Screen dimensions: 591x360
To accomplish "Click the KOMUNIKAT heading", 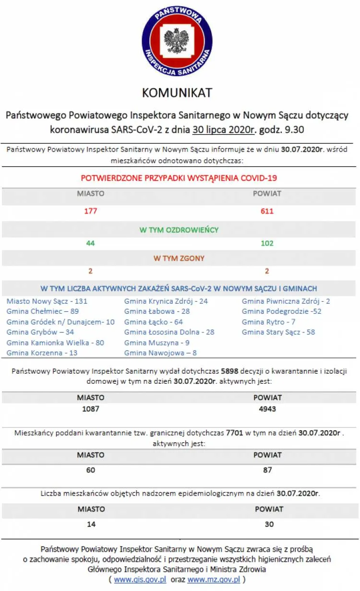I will coord(177,92).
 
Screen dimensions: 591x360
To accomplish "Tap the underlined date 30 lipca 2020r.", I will coord(225,130).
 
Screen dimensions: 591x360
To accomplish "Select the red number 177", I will coord(91,211).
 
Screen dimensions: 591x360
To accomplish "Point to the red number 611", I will coord(267,211).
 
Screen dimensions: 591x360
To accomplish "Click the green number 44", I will coord(91,243).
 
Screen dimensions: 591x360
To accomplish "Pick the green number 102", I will coord(267,243).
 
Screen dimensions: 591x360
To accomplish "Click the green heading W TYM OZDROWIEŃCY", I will coord(179,230).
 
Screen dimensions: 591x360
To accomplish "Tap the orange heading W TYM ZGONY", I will coord(179,258).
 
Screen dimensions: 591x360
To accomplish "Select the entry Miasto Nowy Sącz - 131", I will coord(47,301).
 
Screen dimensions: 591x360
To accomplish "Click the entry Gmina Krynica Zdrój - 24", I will coord(166,301).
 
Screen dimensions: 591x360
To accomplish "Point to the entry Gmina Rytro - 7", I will coord(268,322).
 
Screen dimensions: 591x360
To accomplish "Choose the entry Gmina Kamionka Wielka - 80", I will coord(55,343).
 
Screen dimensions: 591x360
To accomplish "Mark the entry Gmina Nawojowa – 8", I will coord(160,353).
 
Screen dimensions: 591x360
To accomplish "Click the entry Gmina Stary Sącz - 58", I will coord(278,332).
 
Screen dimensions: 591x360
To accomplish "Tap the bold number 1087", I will coord(91,409).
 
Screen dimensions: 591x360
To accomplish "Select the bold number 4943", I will coord(267,409).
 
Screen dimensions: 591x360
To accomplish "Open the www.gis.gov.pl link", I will coord(140,579).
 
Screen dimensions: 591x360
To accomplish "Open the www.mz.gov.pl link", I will coord(214,579).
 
